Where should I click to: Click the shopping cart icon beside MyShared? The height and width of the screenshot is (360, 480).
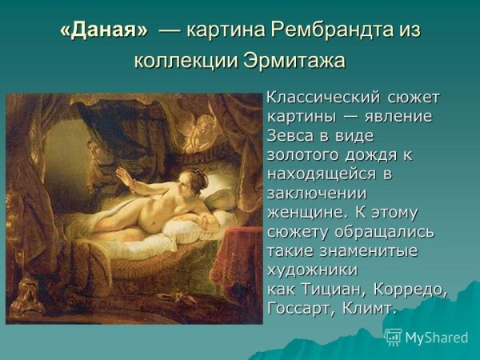tap(393, 337)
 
